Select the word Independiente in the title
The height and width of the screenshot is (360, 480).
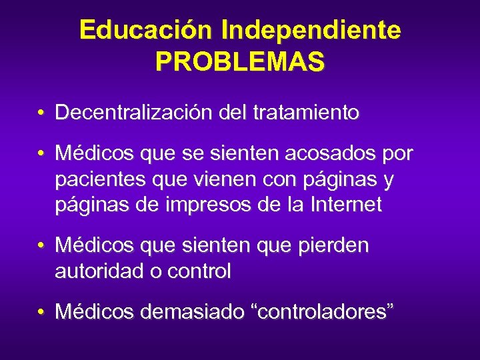[x=311, y=30]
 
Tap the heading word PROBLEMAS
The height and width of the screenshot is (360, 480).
[x=240, y=61]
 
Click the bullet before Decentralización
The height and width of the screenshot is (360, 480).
[x=41, y=113]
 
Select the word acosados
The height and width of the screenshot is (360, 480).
[x=322, y=155]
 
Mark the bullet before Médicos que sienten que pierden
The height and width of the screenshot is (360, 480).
[x=41, y=247]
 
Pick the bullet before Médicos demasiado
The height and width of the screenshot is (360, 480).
[x=41, y=312]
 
